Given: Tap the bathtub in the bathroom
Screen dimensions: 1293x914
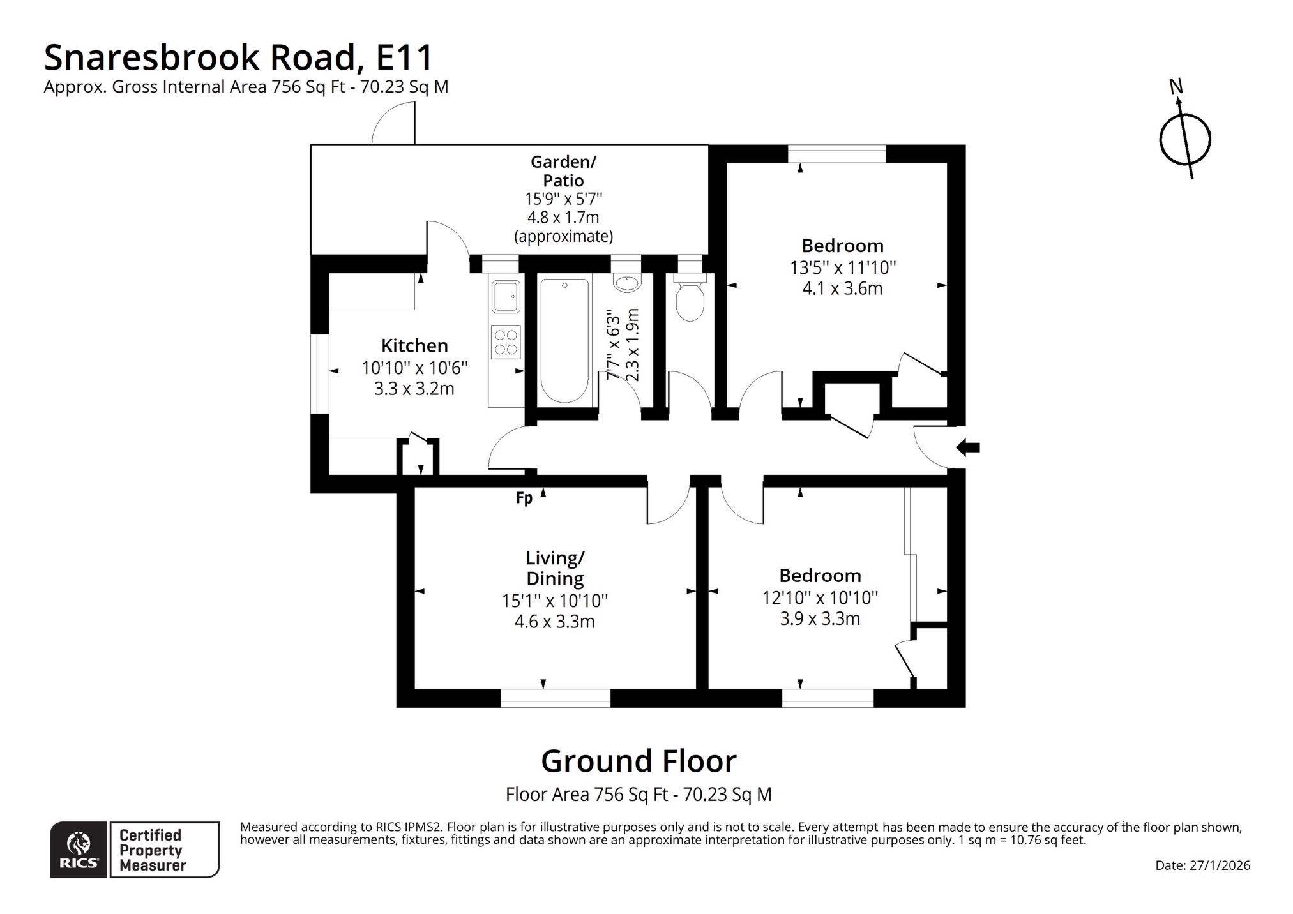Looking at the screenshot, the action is pos(564,340).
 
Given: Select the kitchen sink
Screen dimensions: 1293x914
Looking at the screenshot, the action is pos(506,297).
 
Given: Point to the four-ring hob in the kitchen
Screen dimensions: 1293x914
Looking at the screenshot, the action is pos(506,342).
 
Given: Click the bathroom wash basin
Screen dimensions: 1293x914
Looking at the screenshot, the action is pos(626,283).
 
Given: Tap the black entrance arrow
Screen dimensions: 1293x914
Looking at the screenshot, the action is pos(967,448).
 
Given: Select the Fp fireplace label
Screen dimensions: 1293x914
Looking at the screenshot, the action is pos(524,498).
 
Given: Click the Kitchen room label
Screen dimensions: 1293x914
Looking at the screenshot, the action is pos(414,345).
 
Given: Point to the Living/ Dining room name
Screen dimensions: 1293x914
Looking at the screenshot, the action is pos(555,568).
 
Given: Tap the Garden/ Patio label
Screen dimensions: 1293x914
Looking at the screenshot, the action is pos(563,171).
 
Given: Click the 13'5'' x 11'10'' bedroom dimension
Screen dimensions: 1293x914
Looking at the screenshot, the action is pos(843,267).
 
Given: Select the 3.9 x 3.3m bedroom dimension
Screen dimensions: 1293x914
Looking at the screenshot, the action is pos(820,618).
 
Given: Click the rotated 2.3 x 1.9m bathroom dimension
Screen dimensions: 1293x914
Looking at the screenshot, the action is pos(632,345).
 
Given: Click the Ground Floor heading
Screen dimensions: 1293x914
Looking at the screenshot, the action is pos(639,761).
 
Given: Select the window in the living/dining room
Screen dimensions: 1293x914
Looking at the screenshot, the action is pos(555,698).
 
